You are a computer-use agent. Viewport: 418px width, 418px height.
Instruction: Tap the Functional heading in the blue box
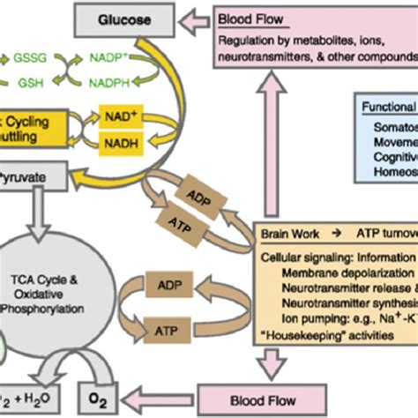389,106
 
